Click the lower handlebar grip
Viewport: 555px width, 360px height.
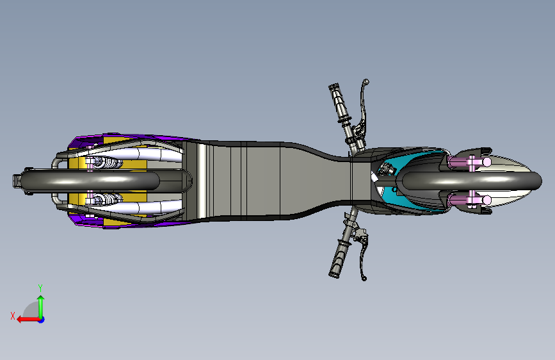[x=338, y=260]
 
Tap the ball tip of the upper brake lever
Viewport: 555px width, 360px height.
[x=367, y=81]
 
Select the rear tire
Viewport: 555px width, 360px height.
[x=96, y=181]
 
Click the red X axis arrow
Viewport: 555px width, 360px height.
[x=24, y=319]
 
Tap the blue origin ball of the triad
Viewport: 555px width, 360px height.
[x=41, y=319]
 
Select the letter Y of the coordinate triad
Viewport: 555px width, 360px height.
[x=40, y=288]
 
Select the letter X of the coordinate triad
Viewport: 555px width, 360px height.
[x=12, y=315]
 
